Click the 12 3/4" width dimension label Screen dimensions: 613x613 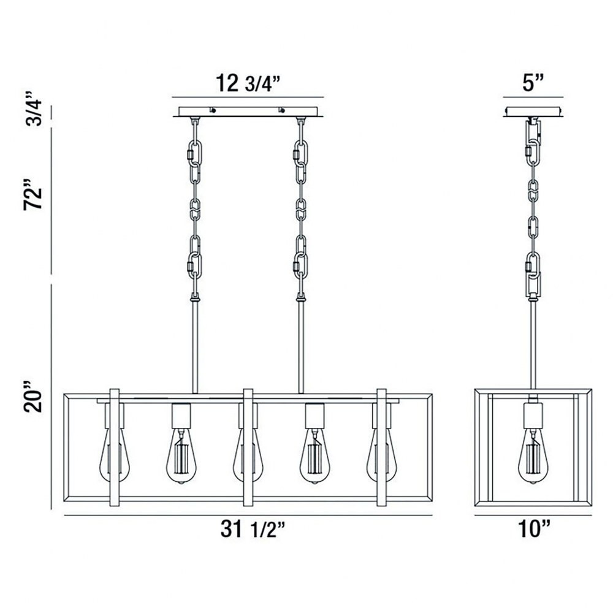248,83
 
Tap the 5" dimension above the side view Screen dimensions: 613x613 533,83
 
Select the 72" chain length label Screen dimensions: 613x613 32,195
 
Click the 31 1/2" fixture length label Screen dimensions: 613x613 253,530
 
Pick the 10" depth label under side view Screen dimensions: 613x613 534,528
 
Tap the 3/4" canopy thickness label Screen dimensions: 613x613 33,109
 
